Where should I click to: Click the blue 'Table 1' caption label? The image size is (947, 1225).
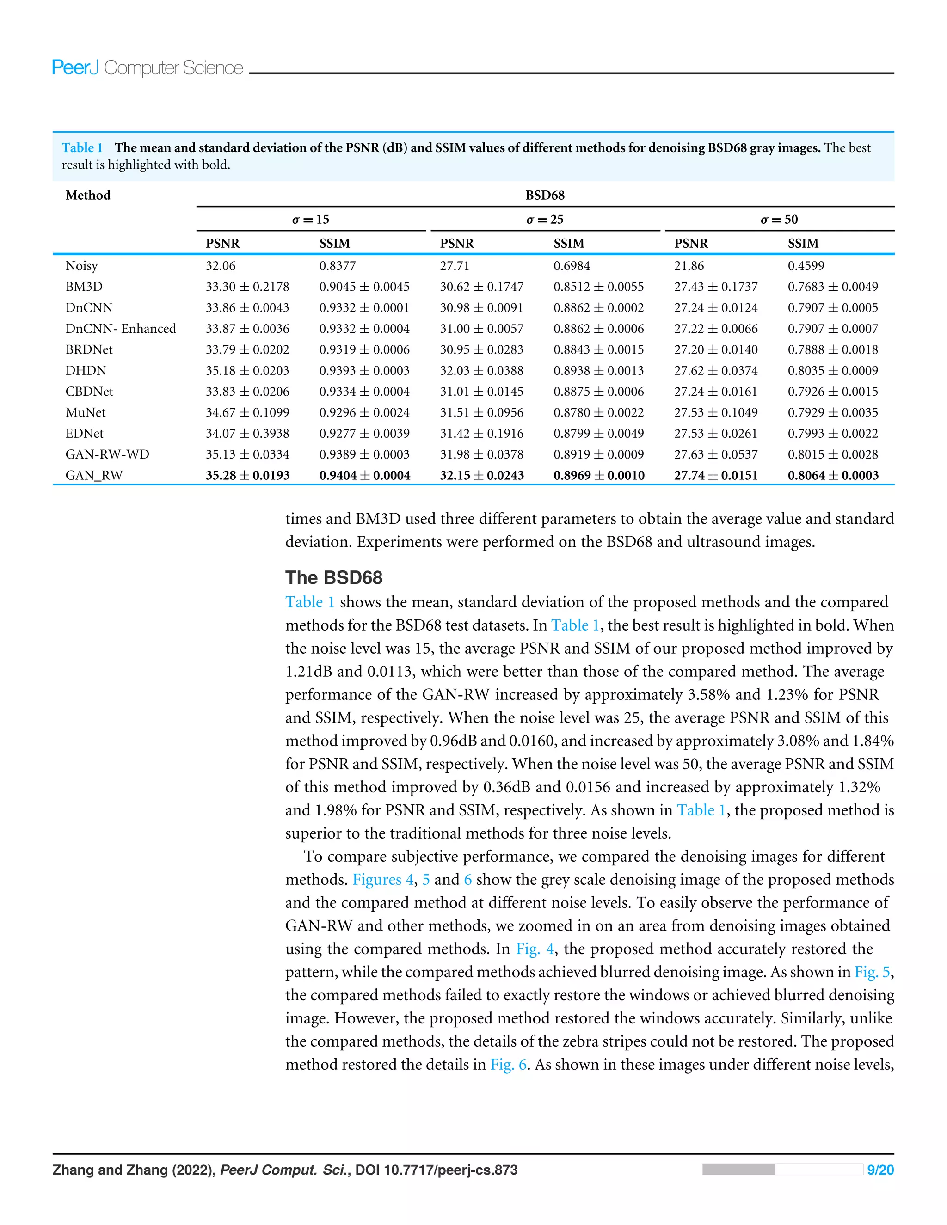click(82, 148)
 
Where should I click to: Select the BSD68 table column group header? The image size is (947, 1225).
click(544, 195)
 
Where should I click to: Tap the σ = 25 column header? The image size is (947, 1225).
click(544, 219)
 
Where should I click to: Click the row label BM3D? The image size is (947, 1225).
click(84, 287)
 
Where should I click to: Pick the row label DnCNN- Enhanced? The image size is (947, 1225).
click(121, 329)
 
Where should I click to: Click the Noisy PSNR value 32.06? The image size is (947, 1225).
click(221, 266)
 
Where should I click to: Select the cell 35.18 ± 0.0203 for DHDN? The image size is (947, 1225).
click(247, 371)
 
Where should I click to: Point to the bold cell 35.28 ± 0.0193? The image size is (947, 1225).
click(247, 476)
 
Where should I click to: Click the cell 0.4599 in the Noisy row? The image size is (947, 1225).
click(806, 266)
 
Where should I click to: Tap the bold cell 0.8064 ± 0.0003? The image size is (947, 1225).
click(832, 476)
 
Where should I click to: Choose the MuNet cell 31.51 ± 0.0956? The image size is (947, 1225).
click(481, 413)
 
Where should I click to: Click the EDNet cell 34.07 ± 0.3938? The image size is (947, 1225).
click(247, 434)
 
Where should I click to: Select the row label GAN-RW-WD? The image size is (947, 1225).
click(107, 454)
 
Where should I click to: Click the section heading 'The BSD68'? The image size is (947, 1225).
click(333, 578)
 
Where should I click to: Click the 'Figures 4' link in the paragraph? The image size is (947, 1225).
click(382, 880)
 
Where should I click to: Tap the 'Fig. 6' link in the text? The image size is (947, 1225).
click(508, 1065)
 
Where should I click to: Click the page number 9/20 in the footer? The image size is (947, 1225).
click(879, 1170)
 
